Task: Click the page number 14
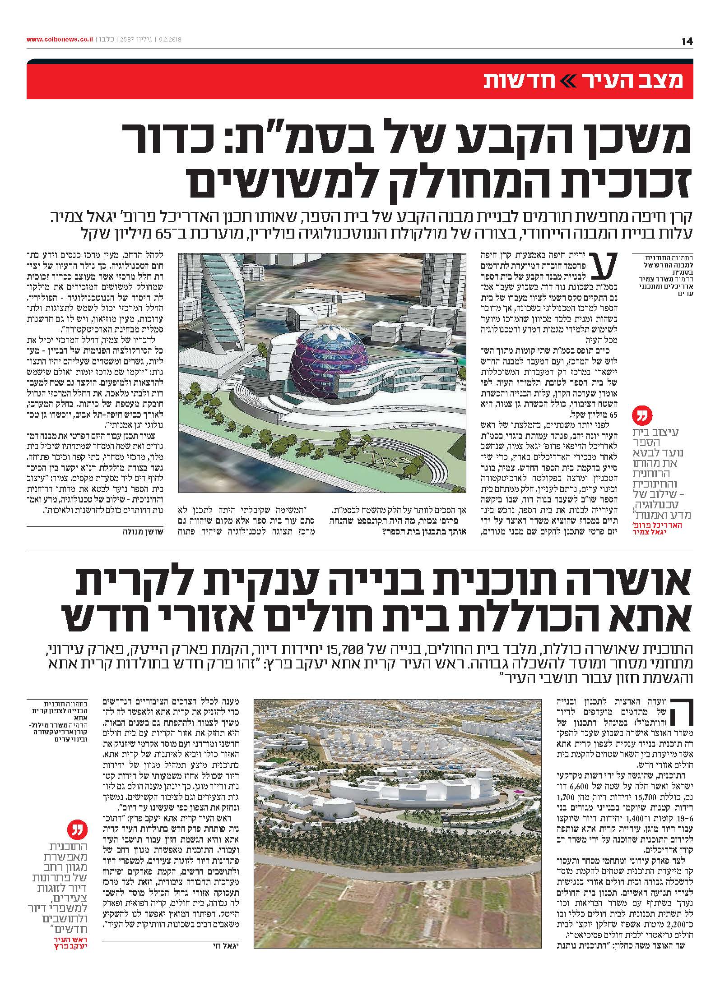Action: tap(687, 41)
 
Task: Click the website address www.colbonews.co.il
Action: tap(60, 40)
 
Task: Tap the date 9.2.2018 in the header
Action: tap(170, 40)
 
